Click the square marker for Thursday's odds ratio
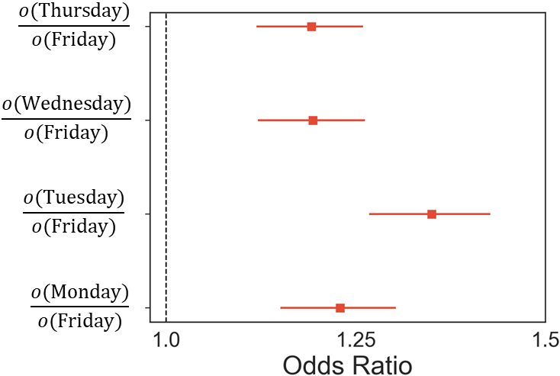311,27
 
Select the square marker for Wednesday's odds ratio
313,121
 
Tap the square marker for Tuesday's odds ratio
432,214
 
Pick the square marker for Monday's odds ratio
340,308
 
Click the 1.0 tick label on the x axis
166,339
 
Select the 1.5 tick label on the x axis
545,339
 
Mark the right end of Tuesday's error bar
490,214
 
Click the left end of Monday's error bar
281,308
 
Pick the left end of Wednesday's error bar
258,121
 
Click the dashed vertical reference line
166,168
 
